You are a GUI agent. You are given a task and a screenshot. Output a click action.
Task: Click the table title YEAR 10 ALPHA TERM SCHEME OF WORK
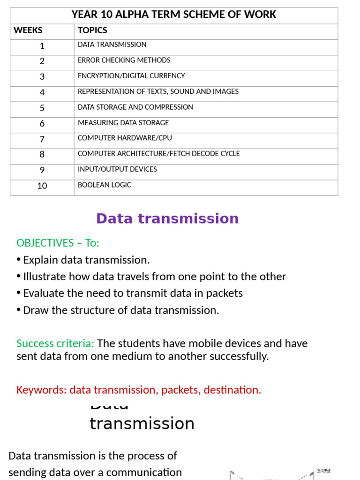(x=174, y=15)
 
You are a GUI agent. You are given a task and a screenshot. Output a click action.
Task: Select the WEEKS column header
(x=28, y=31)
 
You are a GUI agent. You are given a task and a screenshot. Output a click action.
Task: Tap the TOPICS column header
(x=92, y=31)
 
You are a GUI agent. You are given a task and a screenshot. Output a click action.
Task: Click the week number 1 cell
(x=42, y=46)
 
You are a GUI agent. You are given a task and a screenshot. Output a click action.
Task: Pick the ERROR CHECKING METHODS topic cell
(x=124, y=60)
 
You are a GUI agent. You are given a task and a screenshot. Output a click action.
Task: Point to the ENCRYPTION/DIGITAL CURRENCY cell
(x=131, y=76)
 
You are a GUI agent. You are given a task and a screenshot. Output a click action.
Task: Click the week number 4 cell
(x=42, y=93)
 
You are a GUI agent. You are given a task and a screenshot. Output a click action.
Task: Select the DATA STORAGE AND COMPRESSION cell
(x=135, y=107)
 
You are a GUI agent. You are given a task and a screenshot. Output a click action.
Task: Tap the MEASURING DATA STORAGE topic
(x=123, y=123)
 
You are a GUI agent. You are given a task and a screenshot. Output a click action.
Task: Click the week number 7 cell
(x=42, y=139)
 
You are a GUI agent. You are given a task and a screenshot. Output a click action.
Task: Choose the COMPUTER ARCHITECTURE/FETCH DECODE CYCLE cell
(x=158, y=154)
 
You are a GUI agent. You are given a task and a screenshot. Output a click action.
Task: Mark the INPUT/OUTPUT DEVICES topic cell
(x=117, y=169)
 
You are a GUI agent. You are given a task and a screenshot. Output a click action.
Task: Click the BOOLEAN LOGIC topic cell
(x=105, y=185)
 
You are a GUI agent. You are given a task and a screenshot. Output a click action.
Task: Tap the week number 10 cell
(x=42, y=186)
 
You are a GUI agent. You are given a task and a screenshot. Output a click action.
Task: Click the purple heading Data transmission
(x=167, y=218)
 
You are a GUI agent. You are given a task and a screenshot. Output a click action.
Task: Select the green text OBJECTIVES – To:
(x=58, y=243)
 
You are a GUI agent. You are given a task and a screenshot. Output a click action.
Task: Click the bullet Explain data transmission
(x=86, y=260)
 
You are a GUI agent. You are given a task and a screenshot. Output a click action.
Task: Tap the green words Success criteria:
(x=55, y=344)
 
